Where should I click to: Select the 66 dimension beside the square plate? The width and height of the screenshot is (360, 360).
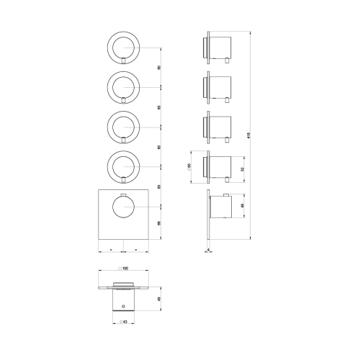(158, 223)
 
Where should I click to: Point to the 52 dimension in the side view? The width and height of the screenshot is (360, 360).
(242, 168)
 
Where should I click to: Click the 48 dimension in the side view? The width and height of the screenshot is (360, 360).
(242, 207)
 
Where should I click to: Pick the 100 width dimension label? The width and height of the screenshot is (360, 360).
(125, 268)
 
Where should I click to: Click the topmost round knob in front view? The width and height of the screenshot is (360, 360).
(125, 47)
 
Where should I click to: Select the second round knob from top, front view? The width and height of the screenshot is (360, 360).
(125, 87)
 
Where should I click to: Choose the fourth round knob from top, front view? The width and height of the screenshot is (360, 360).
(125, 167)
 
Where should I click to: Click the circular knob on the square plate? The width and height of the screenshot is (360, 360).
(125, 207)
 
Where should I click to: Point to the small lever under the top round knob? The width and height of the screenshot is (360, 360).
(125, 61)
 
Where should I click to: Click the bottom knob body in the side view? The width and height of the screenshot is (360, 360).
(223, 207)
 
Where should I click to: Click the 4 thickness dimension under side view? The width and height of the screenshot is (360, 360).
(208, 251)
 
